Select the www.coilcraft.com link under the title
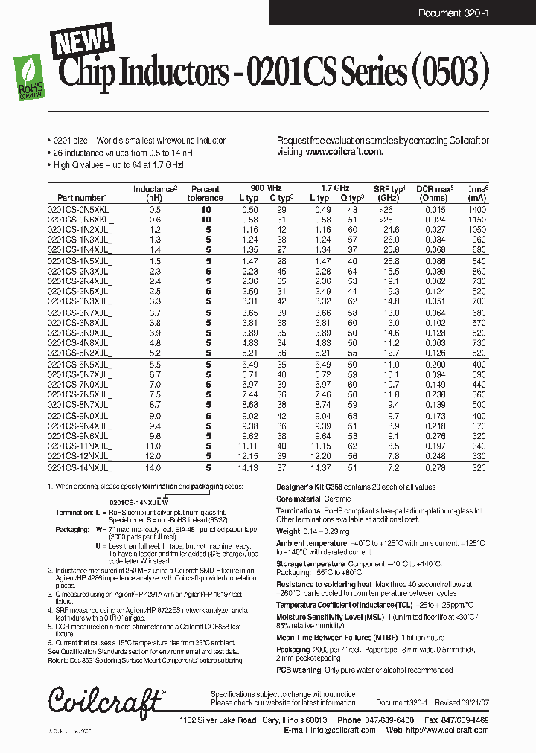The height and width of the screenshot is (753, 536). [343, 151]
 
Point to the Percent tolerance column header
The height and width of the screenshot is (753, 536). [205, 193]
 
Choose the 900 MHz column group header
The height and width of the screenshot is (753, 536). [258, 188]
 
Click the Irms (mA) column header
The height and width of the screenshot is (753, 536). [477, 193]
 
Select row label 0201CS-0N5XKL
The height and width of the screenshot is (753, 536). [78, 211]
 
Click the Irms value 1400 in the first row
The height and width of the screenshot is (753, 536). [477, 211]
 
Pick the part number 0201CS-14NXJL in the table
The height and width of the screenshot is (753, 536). [78, 468]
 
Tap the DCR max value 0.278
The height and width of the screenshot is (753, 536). [435, 468]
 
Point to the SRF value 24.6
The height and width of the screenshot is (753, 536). [391, 231]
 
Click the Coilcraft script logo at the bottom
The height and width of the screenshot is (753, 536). [105, 700]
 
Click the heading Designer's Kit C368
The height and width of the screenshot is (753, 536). [311, 485]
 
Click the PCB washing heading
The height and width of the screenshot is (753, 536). [300, 670]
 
